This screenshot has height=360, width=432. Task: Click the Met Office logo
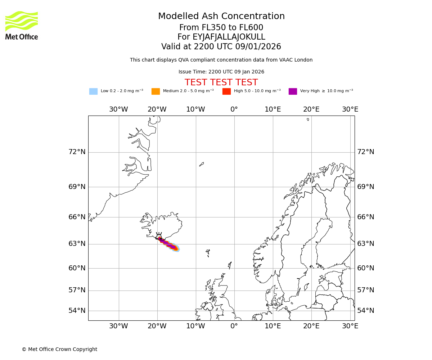[x=22, y=25]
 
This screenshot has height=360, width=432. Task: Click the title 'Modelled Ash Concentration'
[x=221, y=17]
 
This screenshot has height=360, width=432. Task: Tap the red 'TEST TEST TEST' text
[x=221, y=82]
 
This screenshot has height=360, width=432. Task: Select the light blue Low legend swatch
[x=93, y=91]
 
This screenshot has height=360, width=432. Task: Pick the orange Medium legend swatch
[x=156, y=91]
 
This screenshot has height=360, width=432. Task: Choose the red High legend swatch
[x=226, y=91]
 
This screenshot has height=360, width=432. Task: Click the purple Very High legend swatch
[x=293, y=91]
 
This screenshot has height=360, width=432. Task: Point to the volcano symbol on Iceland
[x=159, y=236]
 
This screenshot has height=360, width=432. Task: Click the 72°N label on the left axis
[x=77, y=152]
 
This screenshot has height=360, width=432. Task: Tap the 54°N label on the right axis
[x=365, y=310]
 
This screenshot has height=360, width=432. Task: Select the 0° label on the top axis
[x=234, y=109]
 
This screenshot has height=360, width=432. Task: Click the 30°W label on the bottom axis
[x=118, y=326]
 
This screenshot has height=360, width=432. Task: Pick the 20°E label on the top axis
[x=311, y=109]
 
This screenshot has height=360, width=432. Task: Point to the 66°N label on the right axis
[x=365, y=217]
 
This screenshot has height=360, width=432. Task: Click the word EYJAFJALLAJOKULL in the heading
[x=229, y=37]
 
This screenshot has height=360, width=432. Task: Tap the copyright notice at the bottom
[x=59, y=349]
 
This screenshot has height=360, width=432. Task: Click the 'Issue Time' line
[x=221, y=72]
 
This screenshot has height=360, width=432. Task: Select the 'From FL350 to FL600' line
[x=221, y=28]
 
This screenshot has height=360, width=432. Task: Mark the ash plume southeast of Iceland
[x=168, y=244]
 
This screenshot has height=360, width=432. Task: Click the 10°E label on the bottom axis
[x=273, y=326]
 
